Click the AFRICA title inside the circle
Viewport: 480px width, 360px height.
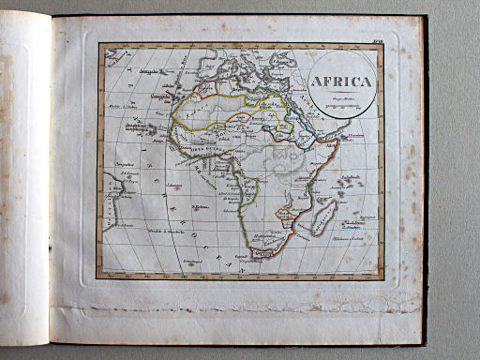(x=340, y=81)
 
